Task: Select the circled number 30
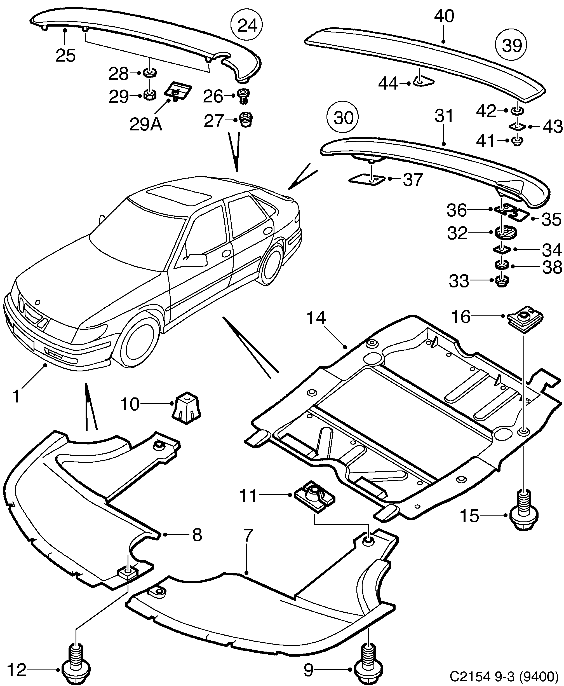click(x=343, y=117)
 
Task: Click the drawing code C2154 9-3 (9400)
click(x=504, y=676)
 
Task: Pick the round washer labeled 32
click(x=505, y=233)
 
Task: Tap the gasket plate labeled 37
click(x=366, y=179)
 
